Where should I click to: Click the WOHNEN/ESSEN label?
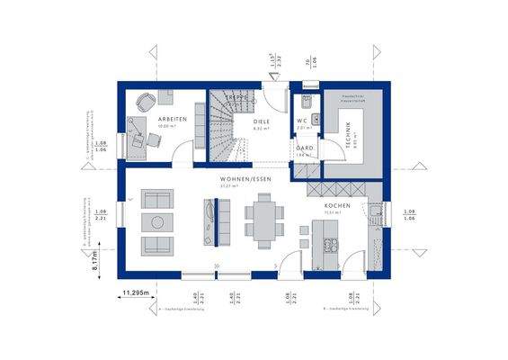coord(245,179)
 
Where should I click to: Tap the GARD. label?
coord(305,148)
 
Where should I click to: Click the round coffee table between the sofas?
coord(157,221)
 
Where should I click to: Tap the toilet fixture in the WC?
coord(307,101)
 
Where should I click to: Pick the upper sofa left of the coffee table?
coord(157,198)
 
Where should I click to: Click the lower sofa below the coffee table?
coord(157,245)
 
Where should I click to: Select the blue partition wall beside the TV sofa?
coord(215,221)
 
